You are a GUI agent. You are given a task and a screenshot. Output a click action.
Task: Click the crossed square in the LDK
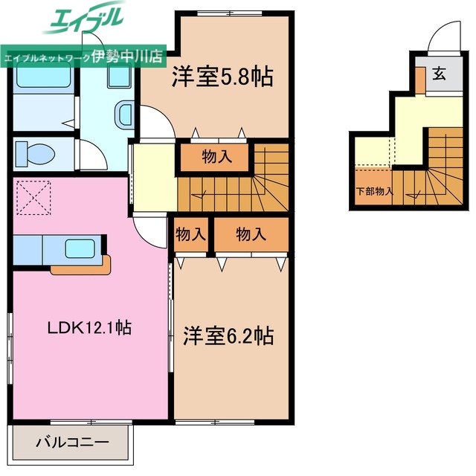32,197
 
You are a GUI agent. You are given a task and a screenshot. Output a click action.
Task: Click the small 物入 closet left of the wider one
190,234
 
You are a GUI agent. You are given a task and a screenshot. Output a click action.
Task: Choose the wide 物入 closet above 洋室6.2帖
251,234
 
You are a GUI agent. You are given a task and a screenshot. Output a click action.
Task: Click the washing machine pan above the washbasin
119,77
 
